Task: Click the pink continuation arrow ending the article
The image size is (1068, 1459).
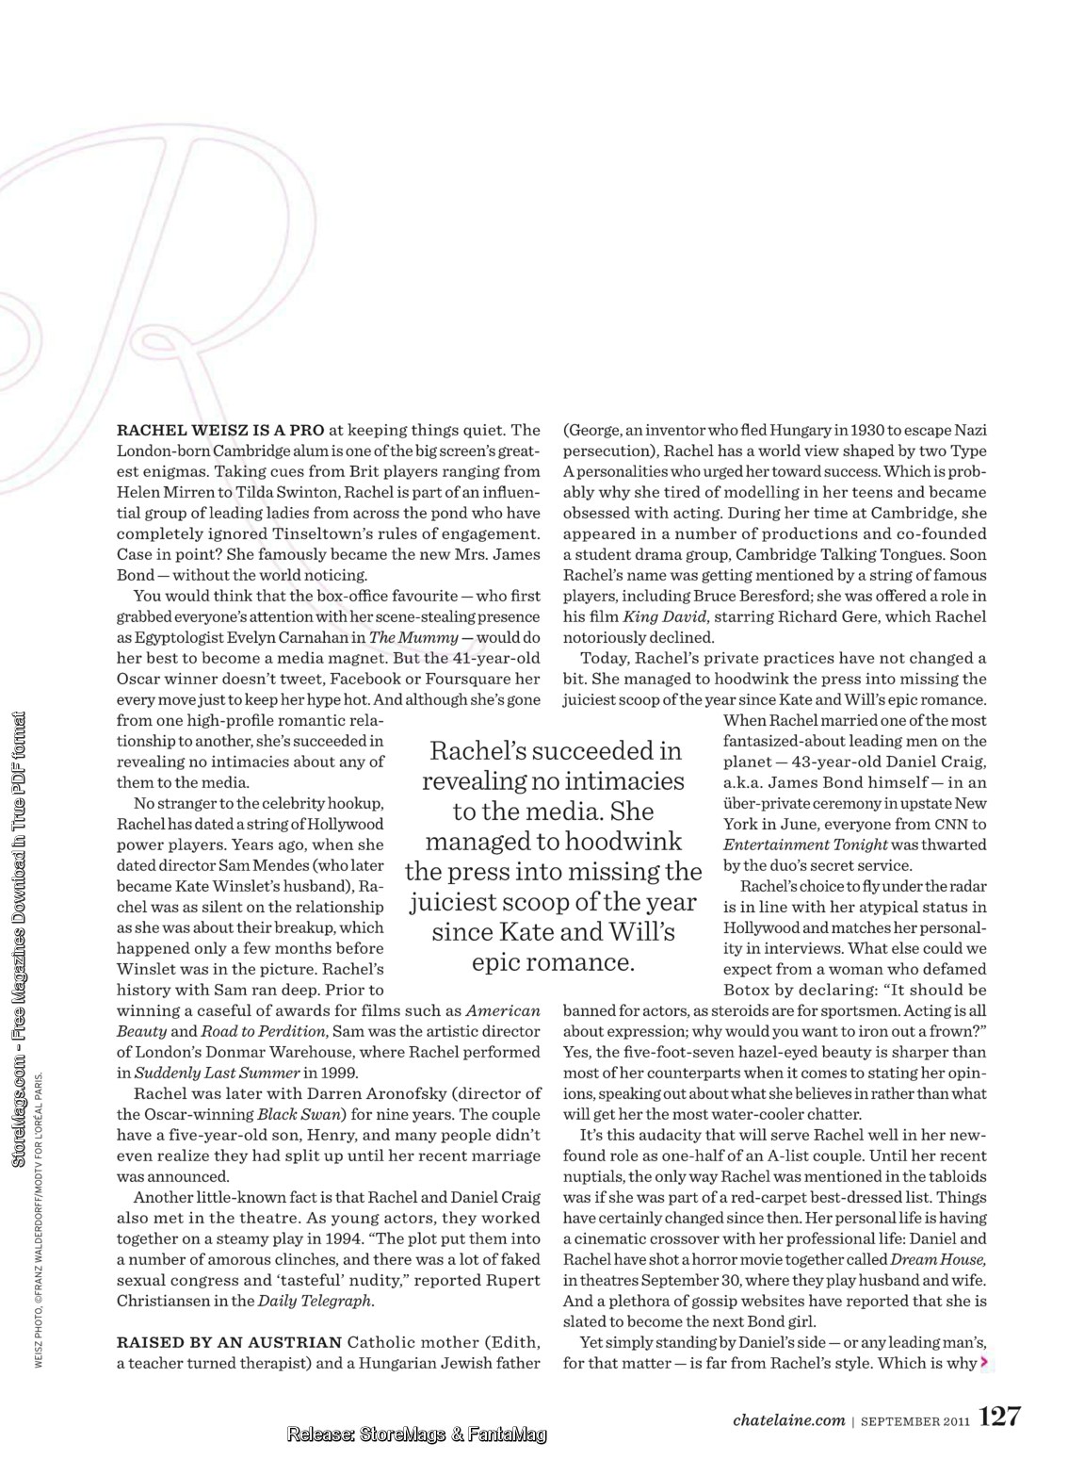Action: (x=984, y=1362)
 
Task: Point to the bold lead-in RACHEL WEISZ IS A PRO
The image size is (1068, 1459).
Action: (x=220, y=430)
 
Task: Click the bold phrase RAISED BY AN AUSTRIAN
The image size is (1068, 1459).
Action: (x=229, y=1341)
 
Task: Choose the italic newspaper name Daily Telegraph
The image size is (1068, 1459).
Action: (x=316, y=1301)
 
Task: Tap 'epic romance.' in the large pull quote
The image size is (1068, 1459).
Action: (x=553, y=962)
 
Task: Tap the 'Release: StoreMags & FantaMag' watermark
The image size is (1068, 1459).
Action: (x=417, y=1435)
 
